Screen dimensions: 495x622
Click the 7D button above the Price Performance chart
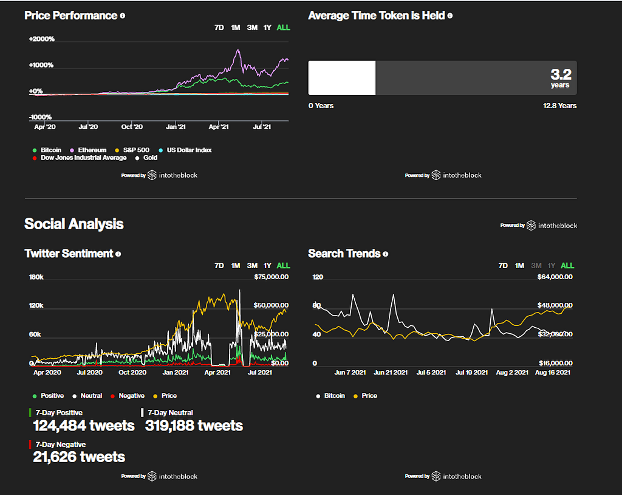point(219,27)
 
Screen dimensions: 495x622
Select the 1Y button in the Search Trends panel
point(552,266)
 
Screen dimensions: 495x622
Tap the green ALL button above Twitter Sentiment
point(283,266)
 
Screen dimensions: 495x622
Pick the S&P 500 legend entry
point(135,150)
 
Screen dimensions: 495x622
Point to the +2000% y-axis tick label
point(41,40)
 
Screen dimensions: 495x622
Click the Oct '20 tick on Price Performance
point(132,127)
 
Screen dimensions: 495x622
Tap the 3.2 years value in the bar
point(561,77)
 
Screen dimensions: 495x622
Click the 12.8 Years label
point(559,106)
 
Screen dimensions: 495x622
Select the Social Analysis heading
point(73,224)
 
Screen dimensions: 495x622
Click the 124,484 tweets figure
point(84,426)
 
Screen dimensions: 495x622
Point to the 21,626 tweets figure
point(79,457)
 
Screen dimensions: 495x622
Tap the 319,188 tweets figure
point(194,426)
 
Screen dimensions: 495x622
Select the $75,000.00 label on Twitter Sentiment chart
point(271,277)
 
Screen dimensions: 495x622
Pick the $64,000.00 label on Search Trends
point(555,277)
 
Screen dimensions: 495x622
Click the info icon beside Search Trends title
point(386,254)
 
